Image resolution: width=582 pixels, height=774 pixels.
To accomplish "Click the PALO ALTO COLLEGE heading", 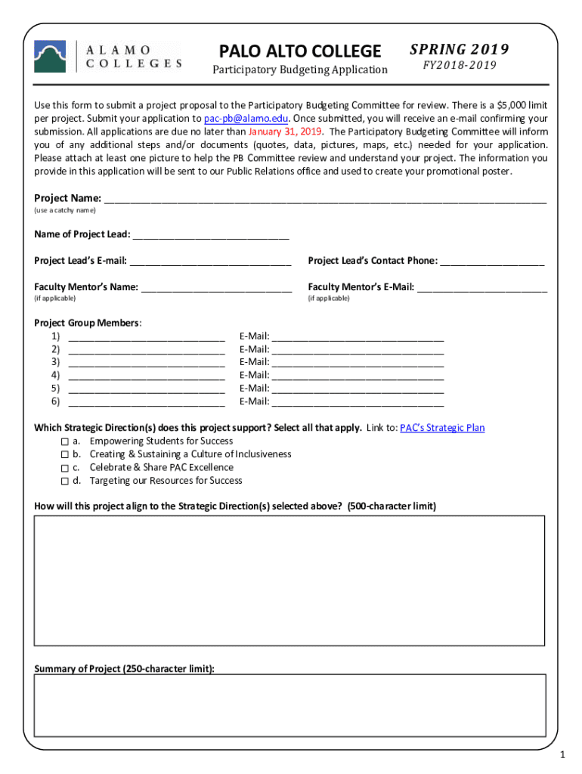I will (300, 51).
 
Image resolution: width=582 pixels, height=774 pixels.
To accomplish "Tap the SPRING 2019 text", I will (459, 50).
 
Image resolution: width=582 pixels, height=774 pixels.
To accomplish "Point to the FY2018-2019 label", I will (459, 66).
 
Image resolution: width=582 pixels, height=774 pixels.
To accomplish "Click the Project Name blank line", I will (325, 200).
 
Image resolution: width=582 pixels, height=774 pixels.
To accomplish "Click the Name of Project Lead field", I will (211, 235).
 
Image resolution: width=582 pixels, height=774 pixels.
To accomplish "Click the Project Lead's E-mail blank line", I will (209, 262).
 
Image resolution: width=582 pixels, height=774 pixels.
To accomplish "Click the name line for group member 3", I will (147, 363).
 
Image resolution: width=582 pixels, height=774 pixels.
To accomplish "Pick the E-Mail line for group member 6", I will (357, 401).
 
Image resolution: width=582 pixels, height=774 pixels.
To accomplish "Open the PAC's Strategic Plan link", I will (442, 428).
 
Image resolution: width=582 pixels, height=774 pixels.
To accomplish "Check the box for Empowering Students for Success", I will (65, 441).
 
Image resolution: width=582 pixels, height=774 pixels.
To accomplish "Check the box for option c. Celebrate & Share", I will (65, 468).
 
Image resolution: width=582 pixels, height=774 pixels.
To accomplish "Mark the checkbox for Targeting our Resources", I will (65, 481).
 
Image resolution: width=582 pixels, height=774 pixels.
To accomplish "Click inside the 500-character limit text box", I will (289, 580).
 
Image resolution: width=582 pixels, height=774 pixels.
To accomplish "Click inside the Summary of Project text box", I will (289, 704).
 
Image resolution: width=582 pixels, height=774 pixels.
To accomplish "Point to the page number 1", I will (562, 756).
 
